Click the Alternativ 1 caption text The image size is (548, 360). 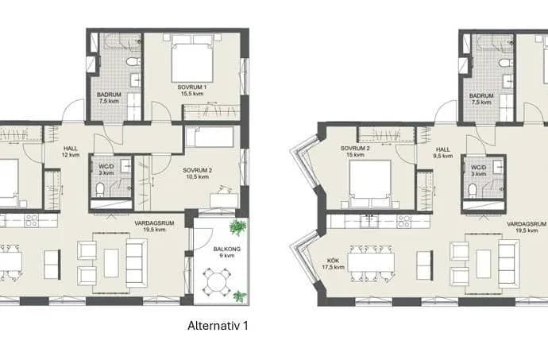click(x=218, y=326)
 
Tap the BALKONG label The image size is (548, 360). click(x=227, y=249)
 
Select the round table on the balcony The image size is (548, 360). click(x=217, y=281)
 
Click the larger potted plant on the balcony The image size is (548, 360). click(x=237, y=227)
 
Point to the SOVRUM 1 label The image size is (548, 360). click(x=192, y=87)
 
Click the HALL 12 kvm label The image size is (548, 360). click(x=71, y=152)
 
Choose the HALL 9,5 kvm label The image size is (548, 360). click(x=443, y=153)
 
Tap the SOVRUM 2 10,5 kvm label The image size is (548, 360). click(x=198, y=173)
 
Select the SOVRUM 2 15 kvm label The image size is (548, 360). click(x=355, y=152)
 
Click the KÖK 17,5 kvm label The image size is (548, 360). click(x=333, y=264)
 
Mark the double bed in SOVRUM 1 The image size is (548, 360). click(x=192, y=58)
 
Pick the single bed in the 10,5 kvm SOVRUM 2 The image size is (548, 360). click(x=210, y=137)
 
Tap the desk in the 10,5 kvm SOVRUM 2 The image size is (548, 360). click(x=224, y=201)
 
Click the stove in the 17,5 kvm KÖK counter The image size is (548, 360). click(x=404, y=221)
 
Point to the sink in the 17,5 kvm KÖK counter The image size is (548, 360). click(x=369, y=221)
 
